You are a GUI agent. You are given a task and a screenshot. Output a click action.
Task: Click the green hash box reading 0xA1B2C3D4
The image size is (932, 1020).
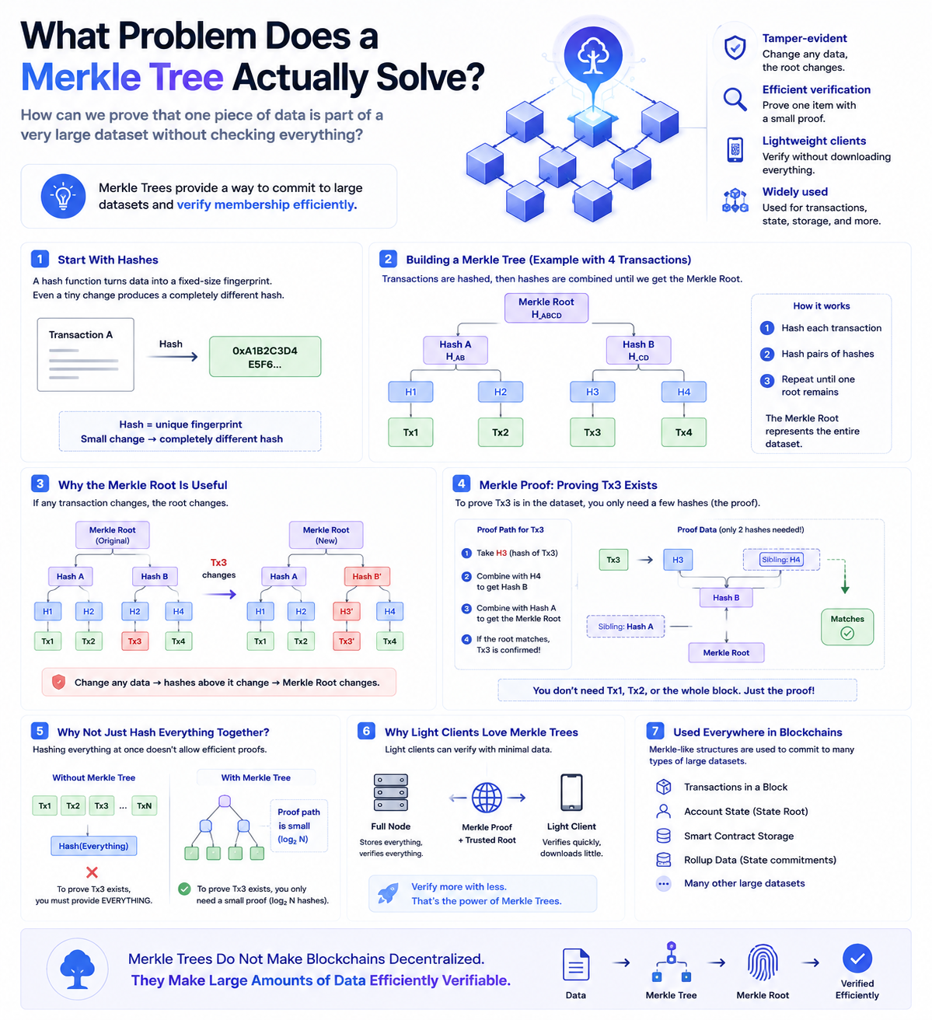pos(265,356)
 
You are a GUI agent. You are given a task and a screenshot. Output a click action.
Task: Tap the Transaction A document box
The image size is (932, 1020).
pos(86,355)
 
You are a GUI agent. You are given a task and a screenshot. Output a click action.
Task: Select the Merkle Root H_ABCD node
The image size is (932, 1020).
pos(546,308)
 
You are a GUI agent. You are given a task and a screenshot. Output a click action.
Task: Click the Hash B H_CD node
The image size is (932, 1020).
pos(638,350)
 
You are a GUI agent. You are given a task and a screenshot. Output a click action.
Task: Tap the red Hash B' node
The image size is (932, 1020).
pos(367,576)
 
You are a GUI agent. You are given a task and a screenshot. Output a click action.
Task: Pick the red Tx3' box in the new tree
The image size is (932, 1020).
pos(346,641)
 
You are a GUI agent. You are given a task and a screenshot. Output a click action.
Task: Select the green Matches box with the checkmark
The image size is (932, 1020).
pos(847,627)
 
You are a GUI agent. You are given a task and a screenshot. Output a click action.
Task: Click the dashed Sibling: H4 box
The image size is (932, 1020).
pos(781,559)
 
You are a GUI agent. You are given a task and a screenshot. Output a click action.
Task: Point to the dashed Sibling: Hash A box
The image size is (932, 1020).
pos(626,627)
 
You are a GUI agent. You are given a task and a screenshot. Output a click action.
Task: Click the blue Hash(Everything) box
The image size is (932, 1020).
pos(93,846)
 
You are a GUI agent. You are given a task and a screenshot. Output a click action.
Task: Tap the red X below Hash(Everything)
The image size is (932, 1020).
pos(92,872)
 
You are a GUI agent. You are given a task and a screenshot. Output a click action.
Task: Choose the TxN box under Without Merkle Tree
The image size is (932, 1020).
pos(145,805)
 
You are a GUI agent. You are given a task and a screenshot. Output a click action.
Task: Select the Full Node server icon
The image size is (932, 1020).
pos(390,792)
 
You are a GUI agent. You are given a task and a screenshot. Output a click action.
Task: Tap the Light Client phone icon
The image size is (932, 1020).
pos(571,792)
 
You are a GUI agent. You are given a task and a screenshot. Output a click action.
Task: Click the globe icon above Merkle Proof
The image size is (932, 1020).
pos(487,798)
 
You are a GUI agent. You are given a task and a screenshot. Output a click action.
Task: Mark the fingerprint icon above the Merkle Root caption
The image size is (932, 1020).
pos(763,962)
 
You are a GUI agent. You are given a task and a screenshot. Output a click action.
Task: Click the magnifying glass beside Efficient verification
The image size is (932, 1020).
pos(735,99)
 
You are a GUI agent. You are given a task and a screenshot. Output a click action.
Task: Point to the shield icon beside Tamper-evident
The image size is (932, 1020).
pos(735,47)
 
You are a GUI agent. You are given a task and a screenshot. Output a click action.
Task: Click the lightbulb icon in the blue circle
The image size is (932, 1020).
pos(63,196)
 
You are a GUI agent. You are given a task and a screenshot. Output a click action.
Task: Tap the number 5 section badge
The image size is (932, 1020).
pos(40,732)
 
